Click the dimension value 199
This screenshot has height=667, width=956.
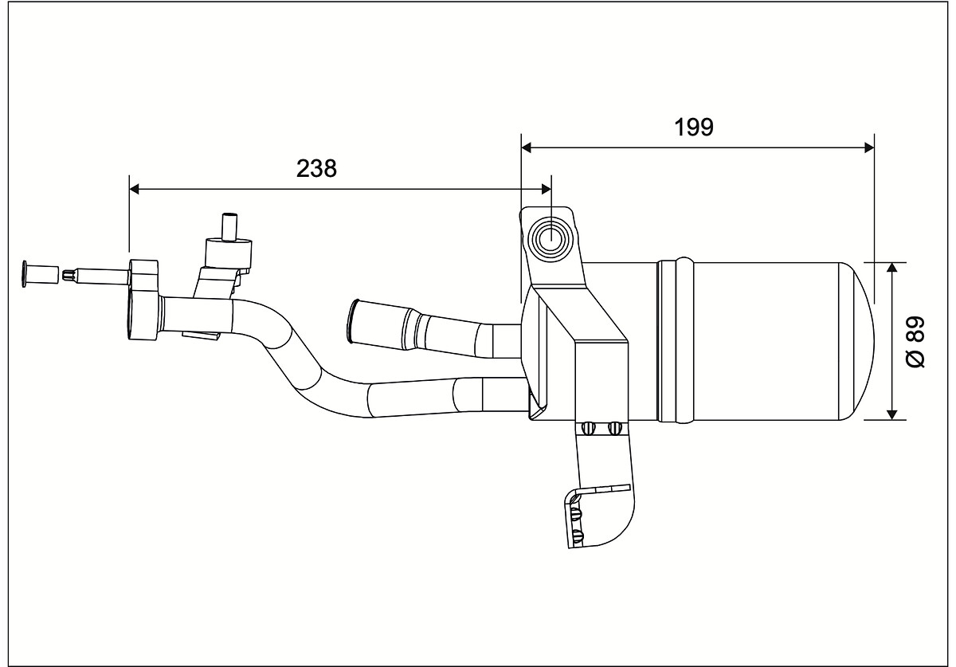694,128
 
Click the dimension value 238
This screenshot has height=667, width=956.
316,169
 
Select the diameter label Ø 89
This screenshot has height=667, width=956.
915,342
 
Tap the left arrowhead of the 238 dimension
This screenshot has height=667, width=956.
134,189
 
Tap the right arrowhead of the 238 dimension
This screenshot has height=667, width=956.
546,189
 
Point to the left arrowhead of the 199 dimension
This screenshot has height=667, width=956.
527,147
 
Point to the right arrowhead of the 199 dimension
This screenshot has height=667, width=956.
869,147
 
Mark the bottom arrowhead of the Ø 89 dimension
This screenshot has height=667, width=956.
891,414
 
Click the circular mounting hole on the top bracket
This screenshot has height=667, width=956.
551,239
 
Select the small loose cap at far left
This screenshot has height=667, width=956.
41,274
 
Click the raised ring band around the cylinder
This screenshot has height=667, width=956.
676,341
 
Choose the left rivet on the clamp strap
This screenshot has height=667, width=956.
589,428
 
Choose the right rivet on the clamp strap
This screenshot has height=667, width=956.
614,428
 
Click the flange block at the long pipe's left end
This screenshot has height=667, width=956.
143,300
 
